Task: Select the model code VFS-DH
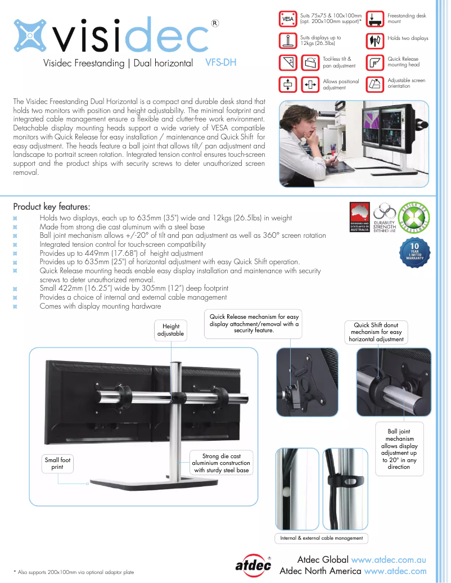(x=221, y=63)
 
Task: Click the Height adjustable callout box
(x=171, y=330)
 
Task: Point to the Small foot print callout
(x=57, y=463)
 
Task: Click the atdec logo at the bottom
(x=253, y=565)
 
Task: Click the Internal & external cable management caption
(x=321, y=538)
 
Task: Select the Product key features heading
(x=51, y=206)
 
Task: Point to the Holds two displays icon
(x=376, y=40)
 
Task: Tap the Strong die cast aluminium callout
(x=221, y=463)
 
